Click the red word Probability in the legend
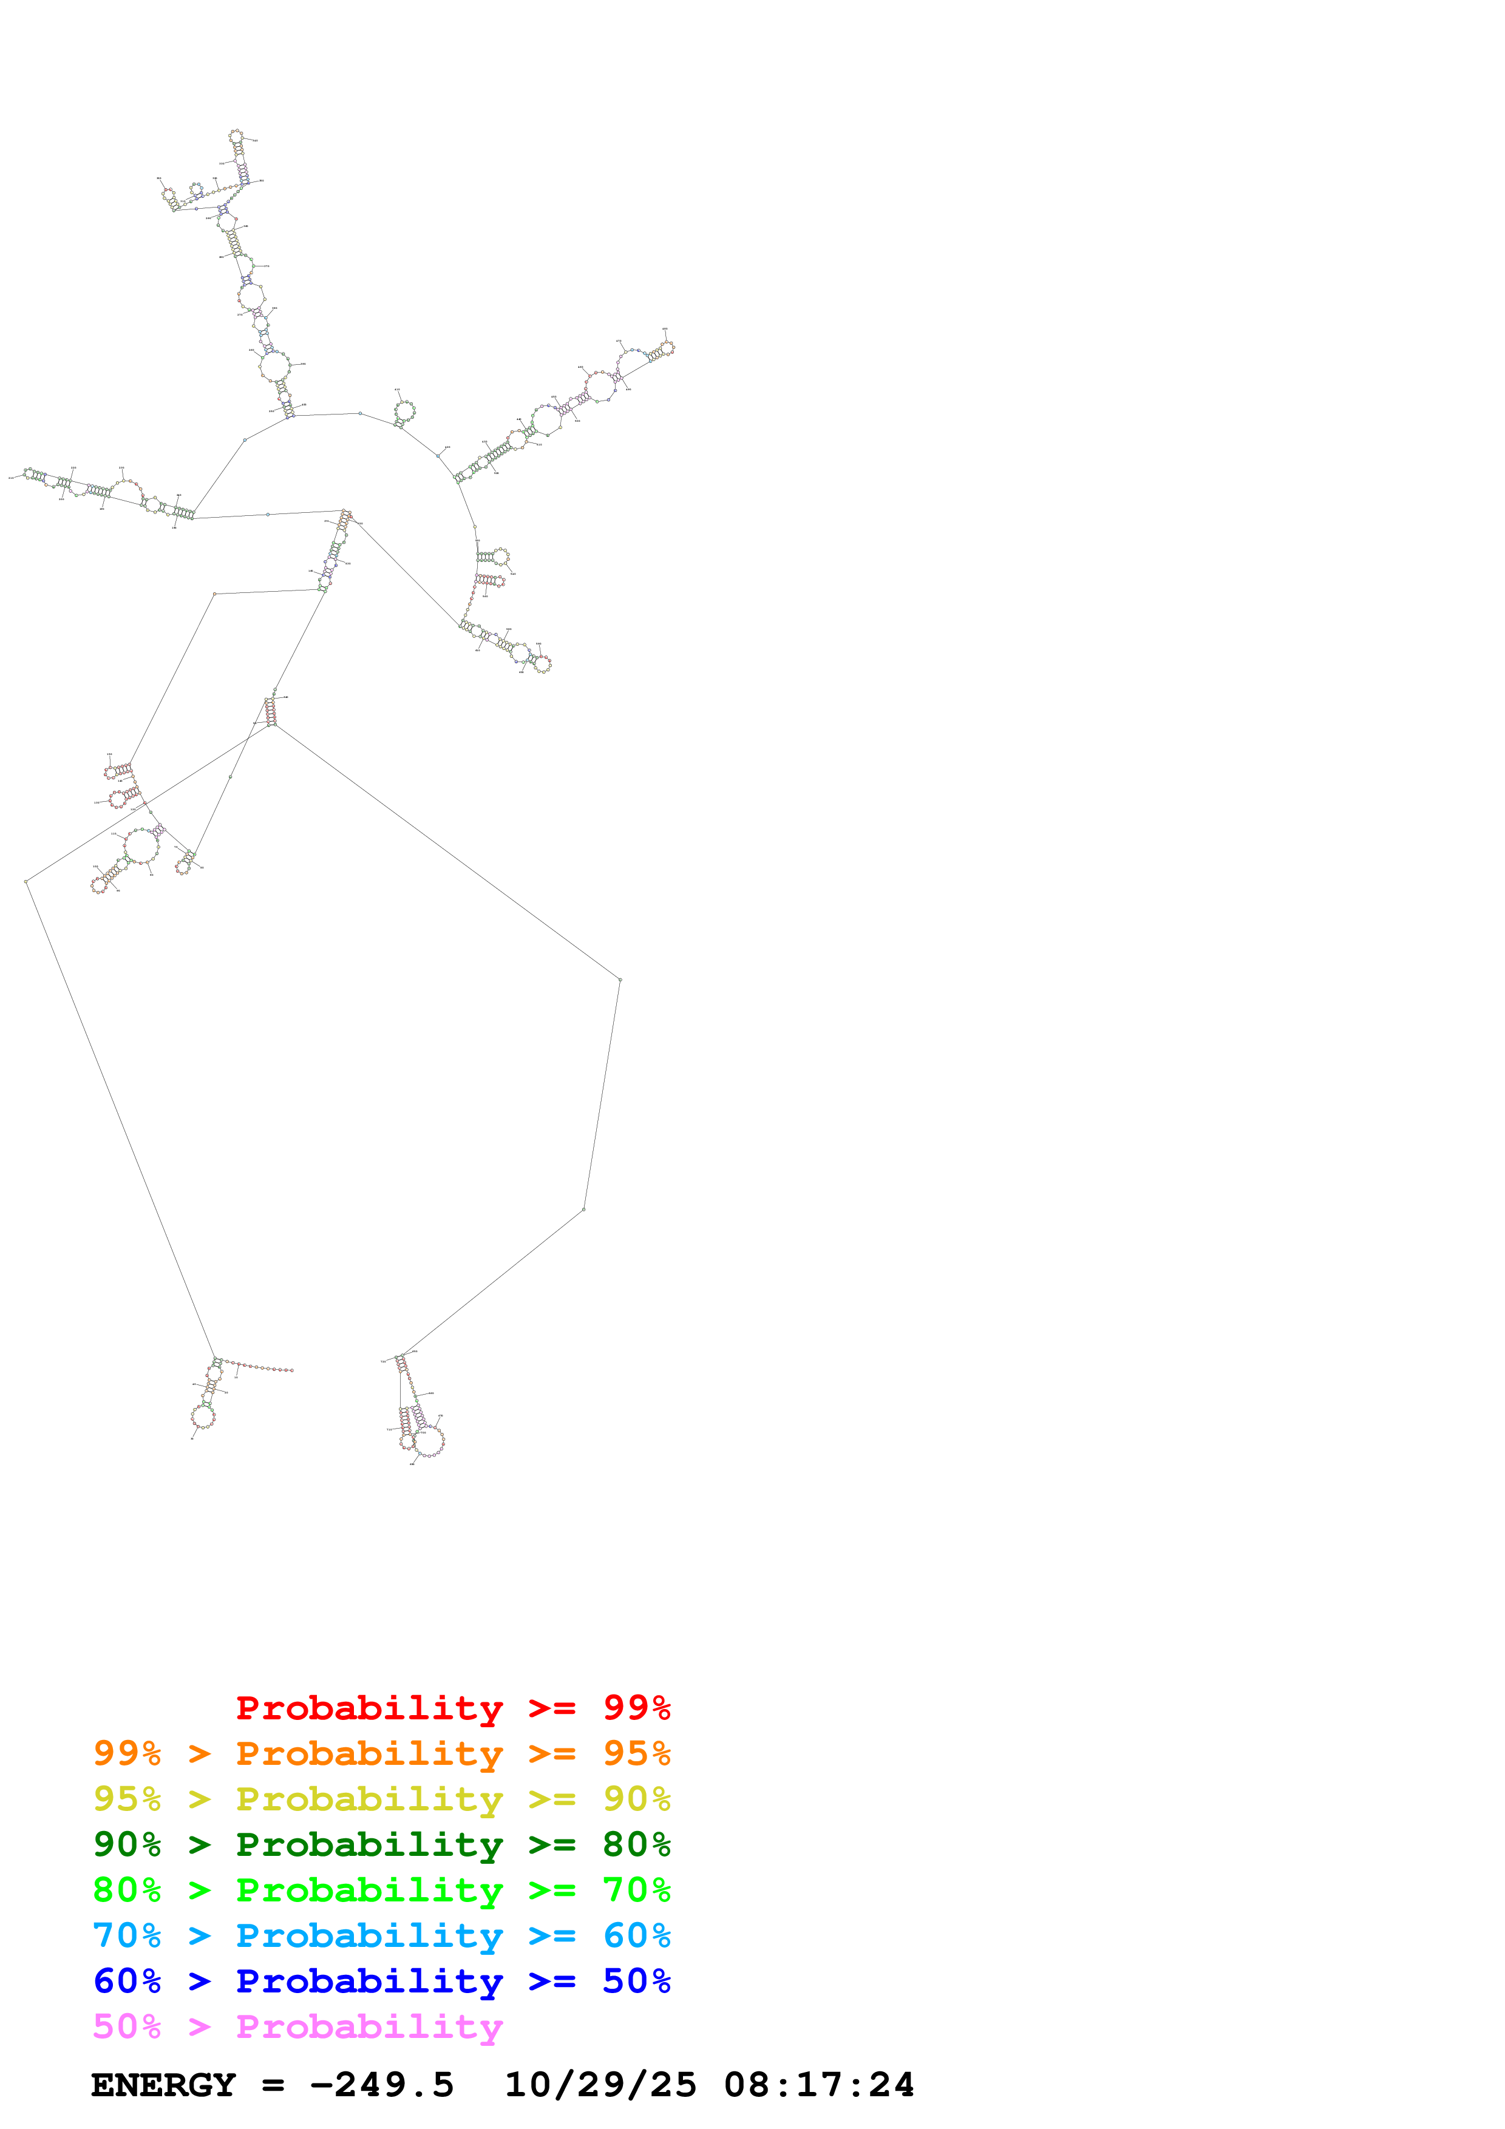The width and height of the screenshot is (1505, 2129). [369, 1708]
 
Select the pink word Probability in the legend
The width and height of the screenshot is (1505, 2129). [369, 2027]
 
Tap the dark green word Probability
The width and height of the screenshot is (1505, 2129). [369, 1845]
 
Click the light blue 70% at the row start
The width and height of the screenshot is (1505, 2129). [127, 1936]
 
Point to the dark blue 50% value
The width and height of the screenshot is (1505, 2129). [636, 1982]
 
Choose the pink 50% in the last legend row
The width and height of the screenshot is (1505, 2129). [127, 2027]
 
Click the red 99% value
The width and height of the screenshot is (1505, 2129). [636, 1708]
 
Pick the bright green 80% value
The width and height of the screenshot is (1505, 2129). [127, 1890]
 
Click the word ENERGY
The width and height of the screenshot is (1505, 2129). [163, 2085]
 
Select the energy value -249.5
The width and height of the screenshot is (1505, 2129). [382, 2085]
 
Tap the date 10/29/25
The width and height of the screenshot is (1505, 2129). [600, 2085]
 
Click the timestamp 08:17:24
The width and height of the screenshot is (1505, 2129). [819, 2085]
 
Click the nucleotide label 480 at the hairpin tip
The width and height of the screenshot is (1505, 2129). [665, 329]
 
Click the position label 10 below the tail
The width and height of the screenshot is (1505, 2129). [236, 1377]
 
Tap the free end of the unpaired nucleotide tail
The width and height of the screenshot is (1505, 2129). [292, 1370]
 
